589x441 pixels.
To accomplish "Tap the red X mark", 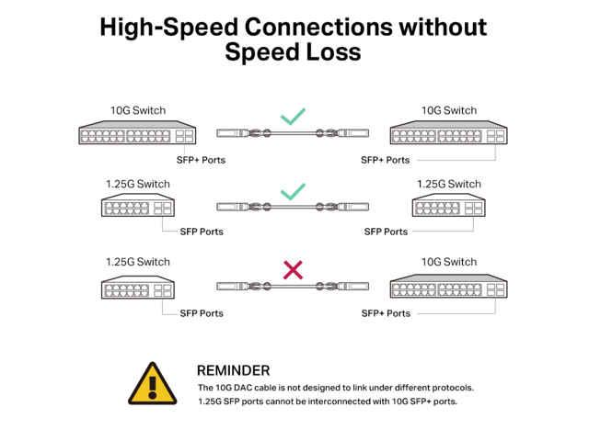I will [x=293, y=269].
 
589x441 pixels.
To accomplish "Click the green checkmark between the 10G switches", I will [x=293, y=117].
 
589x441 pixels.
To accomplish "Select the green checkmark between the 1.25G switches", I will [x=293, y=192].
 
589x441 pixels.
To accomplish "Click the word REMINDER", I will [x=234, y=369].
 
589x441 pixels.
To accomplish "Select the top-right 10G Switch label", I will [x=449, y=110].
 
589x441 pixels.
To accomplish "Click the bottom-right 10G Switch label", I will [x=449, y=262].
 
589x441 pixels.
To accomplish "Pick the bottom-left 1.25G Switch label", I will [x=138, y=262].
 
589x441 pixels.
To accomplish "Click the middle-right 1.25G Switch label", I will [x=449, y=184].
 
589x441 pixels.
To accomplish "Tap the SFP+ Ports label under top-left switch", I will [x=201, y=160].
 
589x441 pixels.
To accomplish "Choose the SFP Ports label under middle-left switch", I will [x=202, y=232].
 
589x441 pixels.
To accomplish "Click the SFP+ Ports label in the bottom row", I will [x=386, y=313].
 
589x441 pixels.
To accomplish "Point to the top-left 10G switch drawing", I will [x=137, y=134].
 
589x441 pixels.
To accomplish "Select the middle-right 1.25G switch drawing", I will [x=449, y=208].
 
